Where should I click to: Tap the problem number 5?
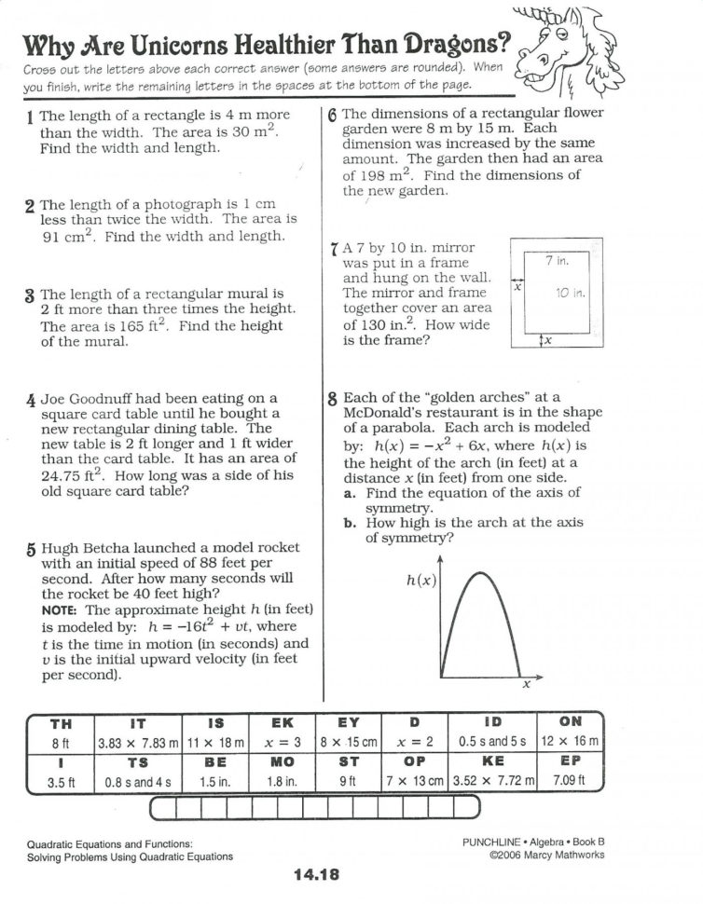tap(31, 551)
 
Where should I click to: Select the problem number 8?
tap(333, 398)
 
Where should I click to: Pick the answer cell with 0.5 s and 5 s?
tap(492, 743)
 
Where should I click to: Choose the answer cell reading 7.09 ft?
tap(570, 782)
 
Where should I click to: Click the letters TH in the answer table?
tap(60, 722)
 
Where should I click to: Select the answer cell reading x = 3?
tap(282, 743)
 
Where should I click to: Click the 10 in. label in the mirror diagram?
tap(569, 293)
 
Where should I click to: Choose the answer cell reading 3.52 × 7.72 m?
tap(492, 782)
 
